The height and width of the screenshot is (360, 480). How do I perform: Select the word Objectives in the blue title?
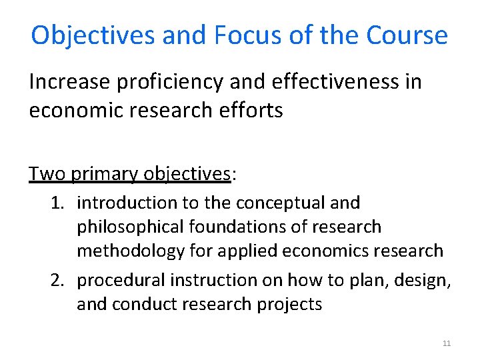pos(93,35)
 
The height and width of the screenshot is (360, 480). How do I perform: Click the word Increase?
pos(69,82)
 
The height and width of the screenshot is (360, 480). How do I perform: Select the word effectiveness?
pos(337,82)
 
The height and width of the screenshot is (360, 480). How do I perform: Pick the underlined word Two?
pos(47,174)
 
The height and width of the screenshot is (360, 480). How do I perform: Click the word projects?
pos(293,305)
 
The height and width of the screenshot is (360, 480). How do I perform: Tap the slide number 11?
pos(447,343)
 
